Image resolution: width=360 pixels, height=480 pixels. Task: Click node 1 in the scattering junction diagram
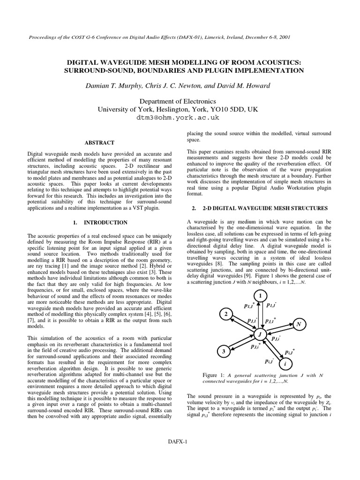259,296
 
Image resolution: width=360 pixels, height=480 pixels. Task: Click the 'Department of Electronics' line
180,101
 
